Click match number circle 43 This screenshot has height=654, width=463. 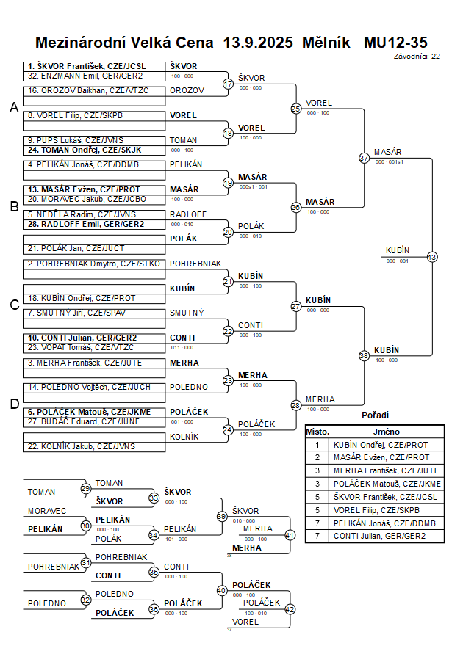[431, 257]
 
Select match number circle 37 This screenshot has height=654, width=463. [364, 158]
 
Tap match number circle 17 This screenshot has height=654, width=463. [228, 84]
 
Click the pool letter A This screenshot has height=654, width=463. [13, 108]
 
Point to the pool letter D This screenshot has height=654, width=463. [13, 403]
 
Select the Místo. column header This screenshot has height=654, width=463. [317, 432]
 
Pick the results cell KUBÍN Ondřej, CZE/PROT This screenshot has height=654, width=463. [381, 444]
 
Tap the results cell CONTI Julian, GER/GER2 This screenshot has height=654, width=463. [381, 536]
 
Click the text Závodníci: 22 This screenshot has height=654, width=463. [417, 55]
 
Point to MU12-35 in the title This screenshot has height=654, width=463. [395, 42]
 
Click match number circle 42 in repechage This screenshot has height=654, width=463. [290, 608]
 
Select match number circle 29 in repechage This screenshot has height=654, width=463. [86, 489]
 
